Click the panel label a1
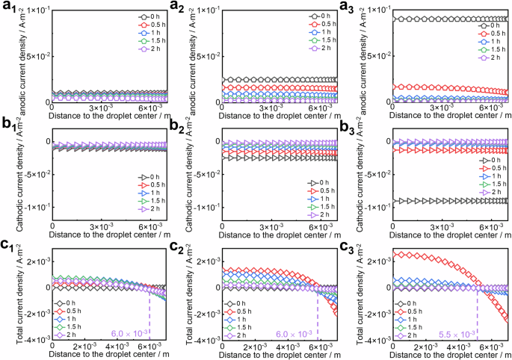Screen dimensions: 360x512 pyautogui.click(x=7, y=7)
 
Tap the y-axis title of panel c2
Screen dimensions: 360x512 pyautogui.click(x=178, y=295)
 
